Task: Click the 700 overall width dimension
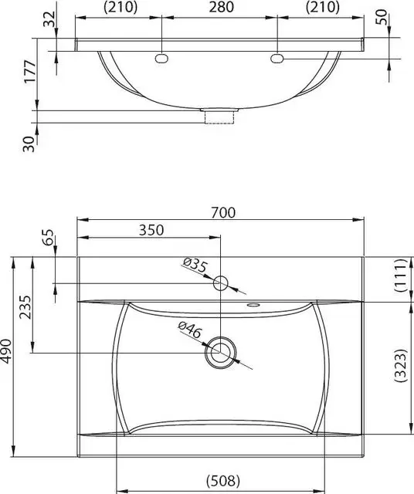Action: [223, 213]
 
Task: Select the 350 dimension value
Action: [151, 230]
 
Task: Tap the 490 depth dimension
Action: [6, 351]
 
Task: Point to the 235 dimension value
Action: [25, 307]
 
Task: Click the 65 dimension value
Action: [48, 237]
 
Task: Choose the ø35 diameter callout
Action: [195, 266]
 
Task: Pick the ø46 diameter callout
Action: [190, 330]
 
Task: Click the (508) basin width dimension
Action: [223, 481]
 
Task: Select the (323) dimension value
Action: [401, 366]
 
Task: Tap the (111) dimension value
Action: [401, 275]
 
